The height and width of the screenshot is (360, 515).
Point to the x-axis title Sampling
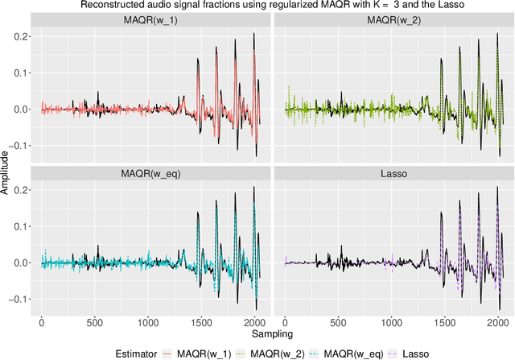pos(272,332)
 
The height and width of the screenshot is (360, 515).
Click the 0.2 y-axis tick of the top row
pos(23,37)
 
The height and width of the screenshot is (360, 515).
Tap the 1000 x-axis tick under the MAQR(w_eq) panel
pos(147,321)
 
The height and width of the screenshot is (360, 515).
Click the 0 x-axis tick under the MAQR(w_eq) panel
pos(41,321)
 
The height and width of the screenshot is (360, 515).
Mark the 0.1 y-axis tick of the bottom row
pos(23,226)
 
